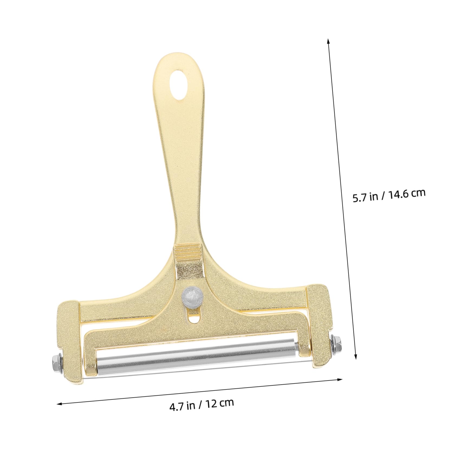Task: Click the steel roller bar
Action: [x=197, y=356]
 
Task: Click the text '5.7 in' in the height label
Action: [x=365, y=197]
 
